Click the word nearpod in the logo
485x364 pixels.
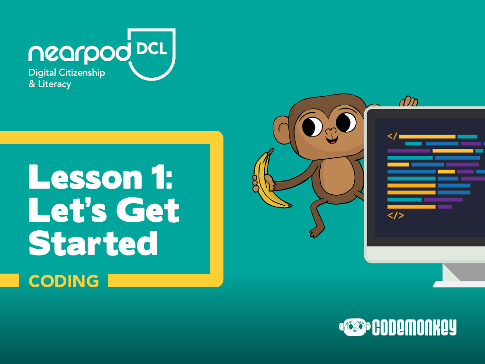(x=80, y=54)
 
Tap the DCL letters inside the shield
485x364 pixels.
(x=152, y=49)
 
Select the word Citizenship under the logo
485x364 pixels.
(x=81, y=73)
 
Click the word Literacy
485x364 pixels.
(x=54, y=84)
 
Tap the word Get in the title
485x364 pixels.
(x=148, y=210)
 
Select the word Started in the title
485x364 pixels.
(x=93, y=243)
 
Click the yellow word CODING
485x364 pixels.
(x=64, y=281)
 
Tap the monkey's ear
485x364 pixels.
(x=281, y=130)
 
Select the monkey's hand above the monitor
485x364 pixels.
(x=408, y=101)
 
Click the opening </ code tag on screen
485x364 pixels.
(x=392, y=136)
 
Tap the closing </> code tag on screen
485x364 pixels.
(x=395, y=216)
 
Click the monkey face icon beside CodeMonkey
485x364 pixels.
(x=354, y=327)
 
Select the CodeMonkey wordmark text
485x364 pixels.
(x=414, y=328)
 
